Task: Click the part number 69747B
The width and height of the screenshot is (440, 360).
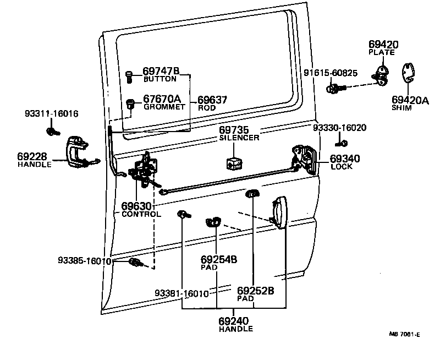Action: point(161,71)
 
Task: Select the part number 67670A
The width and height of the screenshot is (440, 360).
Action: point(162,99)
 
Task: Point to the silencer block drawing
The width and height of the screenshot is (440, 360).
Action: point(233,162)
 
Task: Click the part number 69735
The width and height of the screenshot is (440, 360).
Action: point(235,130)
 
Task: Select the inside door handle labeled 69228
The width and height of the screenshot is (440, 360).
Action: point(77,151)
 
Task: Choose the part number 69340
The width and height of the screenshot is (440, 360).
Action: point(345,159)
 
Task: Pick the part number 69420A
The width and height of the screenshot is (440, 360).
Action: point(410,100)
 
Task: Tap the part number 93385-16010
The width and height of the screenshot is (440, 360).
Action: point(84,260)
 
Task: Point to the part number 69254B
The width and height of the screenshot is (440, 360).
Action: point(218,259)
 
